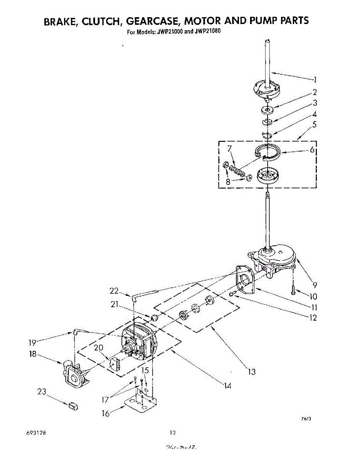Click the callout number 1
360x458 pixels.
point(315,80)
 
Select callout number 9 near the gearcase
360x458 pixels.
point(315,284)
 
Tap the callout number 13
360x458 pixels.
point(252,371)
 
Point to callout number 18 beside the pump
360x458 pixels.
point(33,354)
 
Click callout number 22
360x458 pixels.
point(114,291)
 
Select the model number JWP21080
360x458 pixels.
point(207,32)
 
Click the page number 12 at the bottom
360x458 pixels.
point(173,432)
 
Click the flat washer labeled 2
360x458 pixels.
point(268,110)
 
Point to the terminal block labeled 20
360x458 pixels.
point(116,363)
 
